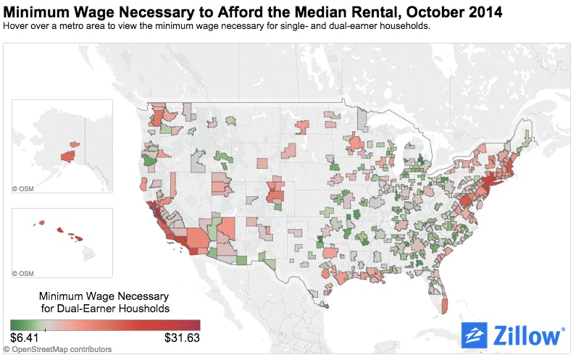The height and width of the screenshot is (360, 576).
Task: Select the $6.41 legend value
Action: coord(25,338)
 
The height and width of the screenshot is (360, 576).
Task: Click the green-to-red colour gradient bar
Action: coord(105,325)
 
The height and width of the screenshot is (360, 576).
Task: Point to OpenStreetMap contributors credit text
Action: coord(62,350)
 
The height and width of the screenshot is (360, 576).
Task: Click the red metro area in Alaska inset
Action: coord(68,155)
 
